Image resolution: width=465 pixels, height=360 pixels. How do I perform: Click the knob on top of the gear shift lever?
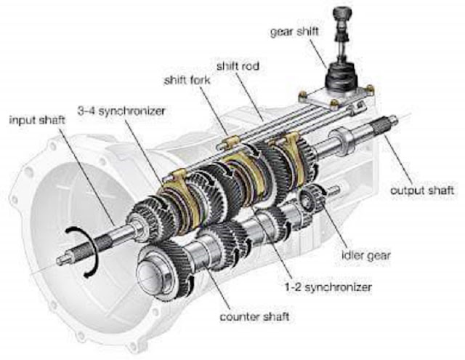click(x=341, y=15)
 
